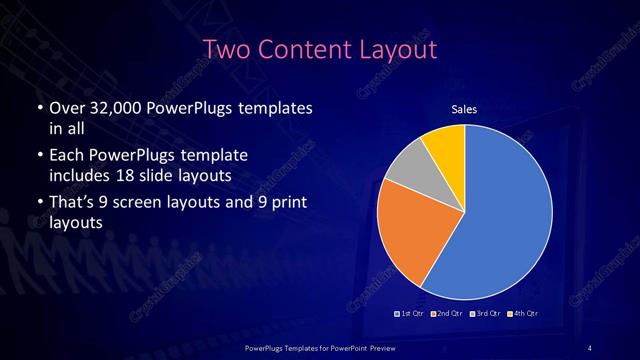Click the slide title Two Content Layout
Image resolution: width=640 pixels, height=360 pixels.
tap(320, 49)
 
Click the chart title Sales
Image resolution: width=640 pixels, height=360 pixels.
tap(464, 109)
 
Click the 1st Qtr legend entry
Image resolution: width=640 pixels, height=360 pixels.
tap(411, 314)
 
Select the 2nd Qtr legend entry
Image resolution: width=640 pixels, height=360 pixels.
tap(449, 314)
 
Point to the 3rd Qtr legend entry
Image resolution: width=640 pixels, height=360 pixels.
tap(487, 314)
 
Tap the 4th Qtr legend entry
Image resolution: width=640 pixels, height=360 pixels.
tap(525, 314)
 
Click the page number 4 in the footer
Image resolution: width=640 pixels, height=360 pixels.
tap(589, 347)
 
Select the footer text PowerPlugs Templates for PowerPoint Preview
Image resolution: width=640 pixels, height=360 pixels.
tap(319, 347)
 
